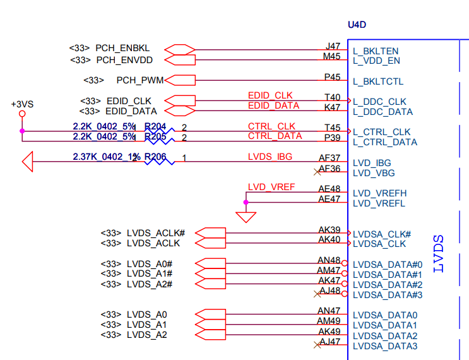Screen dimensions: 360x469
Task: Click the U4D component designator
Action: click(x=357, y=25)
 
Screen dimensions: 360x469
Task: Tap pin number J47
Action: click(x=333, y=45)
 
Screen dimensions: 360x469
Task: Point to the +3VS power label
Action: click(x=22, y=103)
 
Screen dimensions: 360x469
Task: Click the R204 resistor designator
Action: click(x=155, y=127)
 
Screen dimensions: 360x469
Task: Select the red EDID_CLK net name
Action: click(x=270, y=95)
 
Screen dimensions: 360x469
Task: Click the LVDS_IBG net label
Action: click(x=270, y=157)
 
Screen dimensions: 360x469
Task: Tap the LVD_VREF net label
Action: click(x=271, y=187)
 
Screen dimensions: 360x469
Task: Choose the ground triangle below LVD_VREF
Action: click(x=246, y=217)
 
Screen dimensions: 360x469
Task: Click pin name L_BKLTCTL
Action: click(x=378, y=81)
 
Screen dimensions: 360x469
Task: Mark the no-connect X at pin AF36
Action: click(x=317, y=171)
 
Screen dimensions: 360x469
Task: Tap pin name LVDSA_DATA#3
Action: click(x=387, y=295)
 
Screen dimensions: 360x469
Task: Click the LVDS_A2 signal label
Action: click(x=147, y=335)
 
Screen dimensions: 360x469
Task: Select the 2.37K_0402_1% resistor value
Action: click(x=104, y=157)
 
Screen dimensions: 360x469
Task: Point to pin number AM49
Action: click(x=329, y=321)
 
